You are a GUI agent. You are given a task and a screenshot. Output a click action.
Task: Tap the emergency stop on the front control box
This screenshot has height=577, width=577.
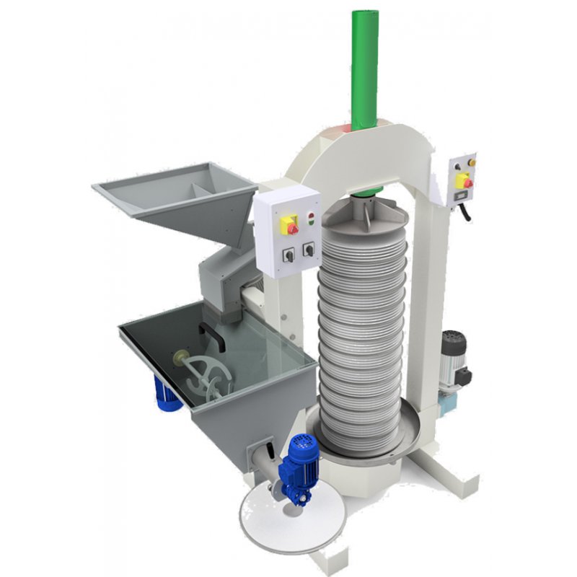click(x=292, y=227)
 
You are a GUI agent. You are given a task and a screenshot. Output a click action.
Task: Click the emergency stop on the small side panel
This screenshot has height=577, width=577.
click(x=467, y=183)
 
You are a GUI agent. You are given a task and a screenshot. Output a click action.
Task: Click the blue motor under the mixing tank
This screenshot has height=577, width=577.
click(x=168, y=395)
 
